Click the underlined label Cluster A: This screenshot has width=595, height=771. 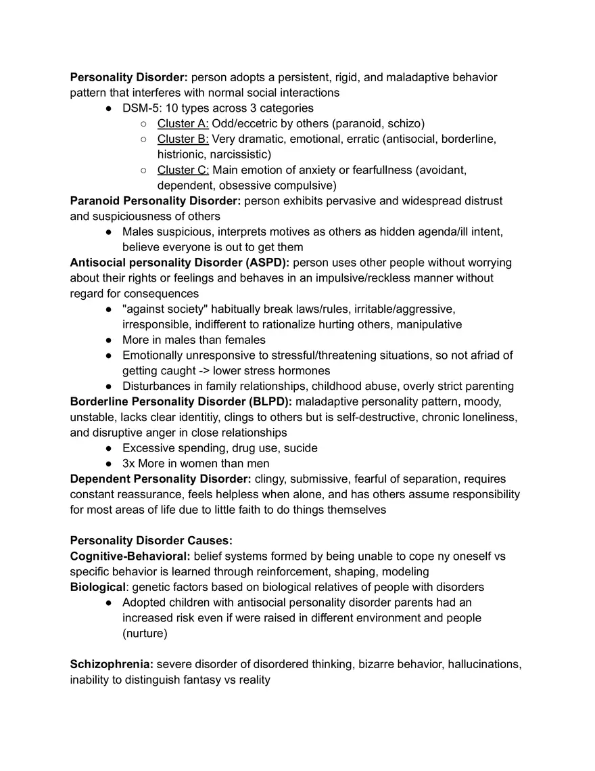tap(183, 123)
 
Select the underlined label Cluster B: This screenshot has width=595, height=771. tap(183, 139)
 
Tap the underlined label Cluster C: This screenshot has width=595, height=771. tap(183, 170)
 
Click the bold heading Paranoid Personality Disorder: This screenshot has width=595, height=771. tap(156, 201)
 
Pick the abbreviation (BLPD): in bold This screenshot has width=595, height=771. tap(268, 401)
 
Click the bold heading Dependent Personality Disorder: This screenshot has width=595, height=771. tap(160, 479)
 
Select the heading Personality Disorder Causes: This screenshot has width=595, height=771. tap(151, 540)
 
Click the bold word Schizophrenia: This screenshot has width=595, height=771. tap(112, 664)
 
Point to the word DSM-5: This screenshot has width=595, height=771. tap(139, 108)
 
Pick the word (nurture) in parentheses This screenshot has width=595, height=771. tap(145, 634)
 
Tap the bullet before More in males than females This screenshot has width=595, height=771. tap(109, 340)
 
